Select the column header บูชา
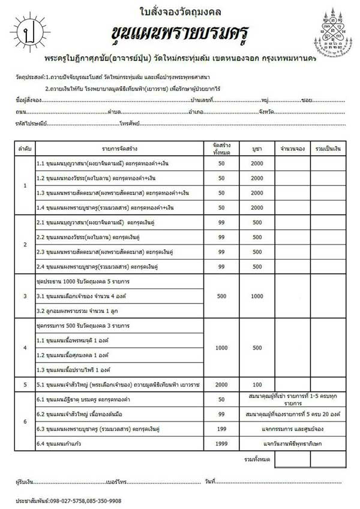click(x=257, y=147)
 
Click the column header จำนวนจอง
click(x=292, y=147)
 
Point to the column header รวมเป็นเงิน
click(x=328, y=147)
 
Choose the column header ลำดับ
click(x=24, y=147)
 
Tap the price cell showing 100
click(x=257, y=384)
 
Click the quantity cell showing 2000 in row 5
click(x=221, y=384)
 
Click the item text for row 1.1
click(x=97, y=163)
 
